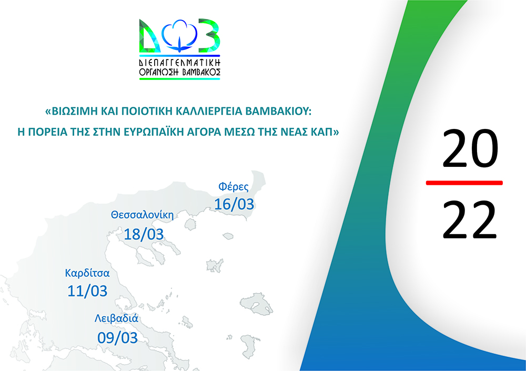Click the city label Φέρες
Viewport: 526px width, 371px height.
click(x=234, y=187)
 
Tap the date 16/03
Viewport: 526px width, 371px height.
click(x=234, y=204)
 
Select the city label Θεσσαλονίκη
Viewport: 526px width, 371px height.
click(x=142, y=215)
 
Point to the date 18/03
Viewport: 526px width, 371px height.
click(x=144, y=234)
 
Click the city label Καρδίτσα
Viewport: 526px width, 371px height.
click(x=87, y=273)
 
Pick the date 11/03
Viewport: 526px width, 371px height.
click(x=87, y=291)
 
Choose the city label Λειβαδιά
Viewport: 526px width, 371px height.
click(x=116, y=318)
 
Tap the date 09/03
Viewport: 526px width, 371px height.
click(x=117, y=337)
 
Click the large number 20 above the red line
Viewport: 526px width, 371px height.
click(x=470, y=149)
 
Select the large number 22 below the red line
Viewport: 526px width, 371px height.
click(x=469, y=220)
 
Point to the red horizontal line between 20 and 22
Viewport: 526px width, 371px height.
click(x=464, y=183)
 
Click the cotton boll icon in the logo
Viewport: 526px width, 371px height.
click(x=179, y=36)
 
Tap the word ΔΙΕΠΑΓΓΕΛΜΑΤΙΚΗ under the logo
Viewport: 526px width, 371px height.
click(x=179, y=63)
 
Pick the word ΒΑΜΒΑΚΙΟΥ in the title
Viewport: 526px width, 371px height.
click(x=277, y=112)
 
